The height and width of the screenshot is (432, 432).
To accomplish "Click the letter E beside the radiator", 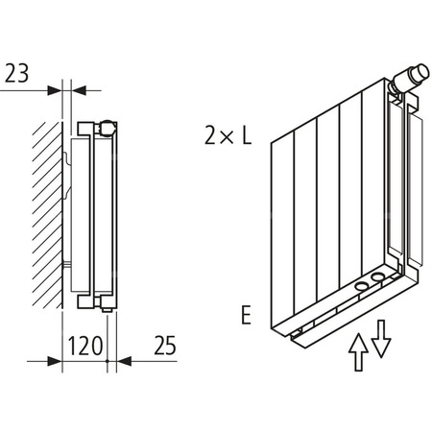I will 248,314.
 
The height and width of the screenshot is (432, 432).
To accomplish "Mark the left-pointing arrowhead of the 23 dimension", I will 70,90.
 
